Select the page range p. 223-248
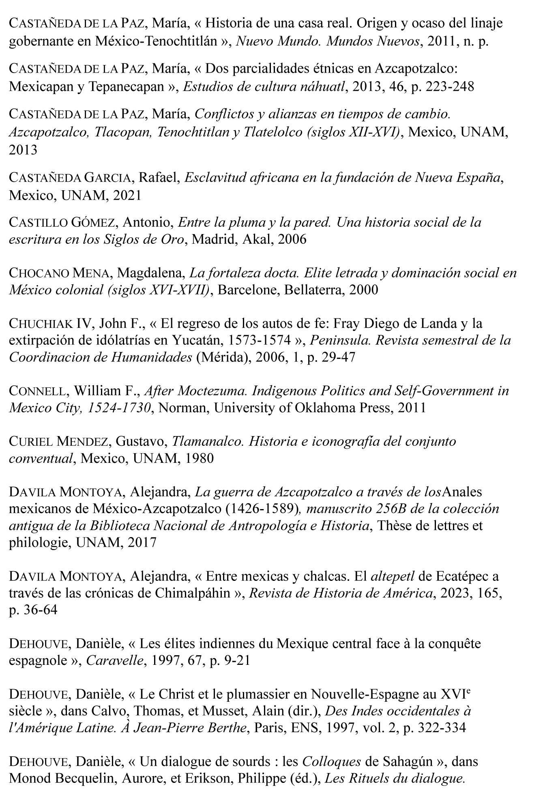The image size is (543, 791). click(443, 87)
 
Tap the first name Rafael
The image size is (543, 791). click(159, 178)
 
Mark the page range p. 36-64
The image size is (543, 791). click(33, 610)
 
